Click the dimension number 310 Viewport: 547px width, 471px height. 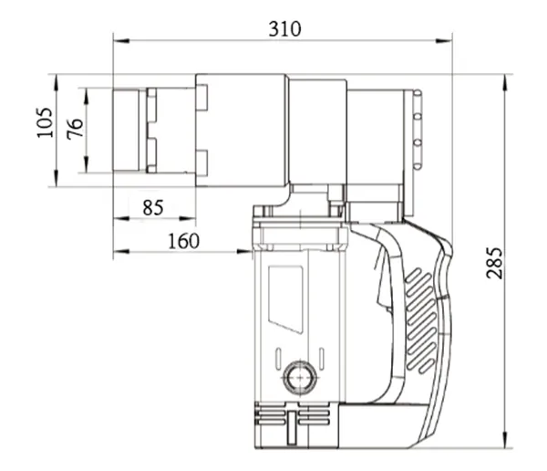click(284, 28)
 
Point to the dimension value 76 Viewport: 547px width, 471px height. click(75, 127)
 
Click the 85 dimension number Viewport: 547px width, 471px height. click(153, 207)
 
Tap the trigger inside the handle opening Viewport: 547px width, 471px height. click(377, 291)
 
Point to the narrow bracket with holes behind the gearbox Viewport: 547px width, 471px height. click(418, 129)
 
